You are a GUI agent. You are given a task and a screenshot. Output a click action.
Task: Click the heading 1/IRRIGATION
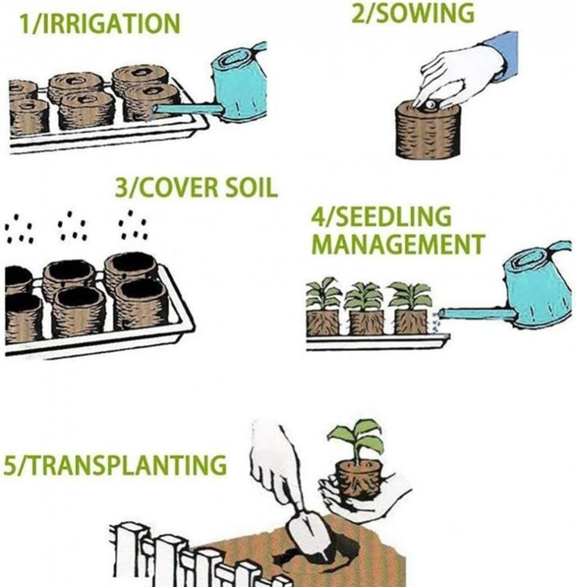[x=100, y=23]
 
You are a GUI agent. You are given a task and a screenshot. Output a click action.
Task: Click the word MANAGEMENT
[x=398, y=244]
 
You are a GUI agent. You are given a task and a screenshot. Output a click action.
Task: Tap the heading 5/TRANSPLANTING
[x=116, y=465]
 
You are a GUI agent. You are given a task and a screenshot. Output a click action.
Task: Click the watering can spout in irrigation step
[x=189, y=109]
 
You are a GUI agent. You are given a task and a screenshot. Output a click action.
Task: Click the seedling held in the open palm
[x=358, y=468]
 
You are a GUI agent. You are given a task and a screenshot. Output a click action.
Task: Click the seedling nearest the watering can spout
[x=410, y=308]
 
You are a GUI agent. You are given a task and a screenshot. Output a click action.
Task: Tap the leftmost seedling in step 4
[x=323, y=306]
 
